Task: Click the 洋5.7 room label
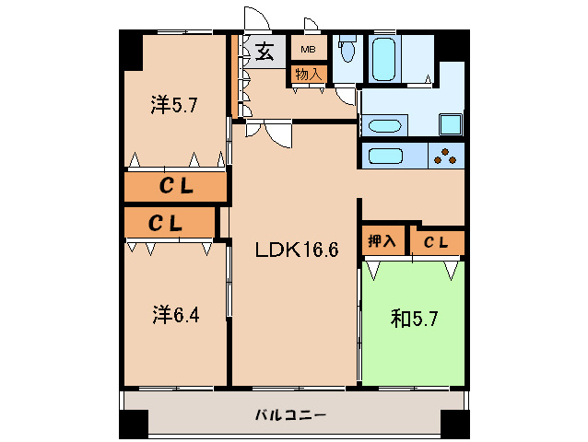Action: click(x=175, y=105)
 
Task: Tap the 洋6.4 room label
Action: click(x=175, y=315)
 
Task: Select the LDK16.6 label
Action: click(x=292, y=248)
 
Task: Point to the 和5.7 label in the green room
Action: click(x=414, y=319)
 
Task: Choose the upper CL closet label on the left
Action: click(x=176, y=186)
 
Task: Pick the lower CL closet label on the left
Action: click(x=167, y=222)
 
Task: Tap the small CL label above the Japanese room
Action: click(x=437, y=242)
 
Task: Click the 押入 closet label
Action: click(x=382, y=242)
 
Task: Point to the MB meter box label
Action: click(x=308, y=49)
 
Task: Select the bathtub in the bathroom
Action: click(x=384, y=58)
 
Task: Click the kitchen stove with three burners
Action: click(x=446, y=157)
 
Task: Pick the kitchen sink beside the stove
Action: click(x=389, y=156)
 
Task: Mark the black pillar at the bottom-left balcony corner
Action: click(x=134, y=425)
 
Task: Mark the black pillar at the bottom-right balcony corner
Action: click(x=453, y=425)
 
